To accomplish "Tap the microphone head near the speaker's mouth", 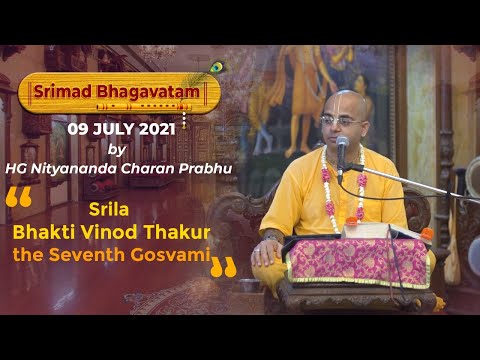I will click(x=343, y=147).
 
